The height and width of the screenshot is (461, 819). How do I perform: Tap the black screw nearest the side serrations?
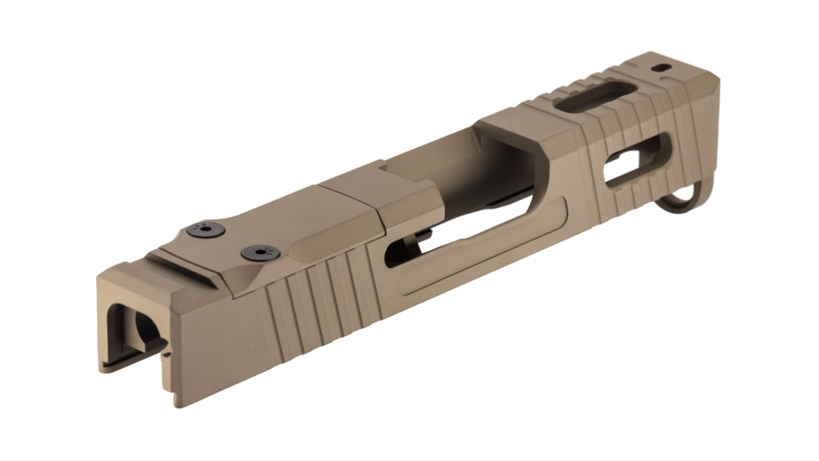pos(257,251)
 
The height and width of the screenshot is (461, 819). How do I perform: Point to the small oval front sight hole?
pos(662,67)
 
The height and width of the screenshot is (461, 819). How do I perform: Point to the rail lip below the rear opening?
pos(126,361)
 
